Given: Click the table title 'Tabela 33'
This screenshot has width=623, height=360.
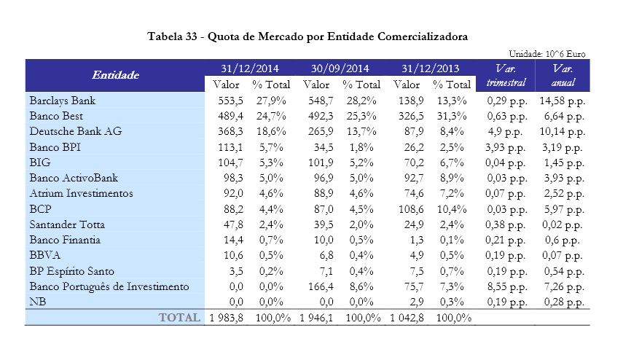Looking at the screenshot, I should [x=306, y=36].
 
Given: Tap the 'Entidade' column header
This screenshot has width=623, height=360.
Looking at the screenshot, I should [x=115, y=75].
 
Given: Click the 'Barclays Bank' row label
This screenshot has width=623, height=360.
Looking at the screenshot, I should [x=63, y=100].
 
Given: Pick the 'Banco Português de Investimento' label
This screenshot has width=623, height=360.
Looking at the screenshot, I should [x=109, y=287].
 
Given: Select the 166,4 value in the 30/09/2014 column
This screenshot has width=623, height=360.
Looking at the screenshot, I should [x=323, y=287].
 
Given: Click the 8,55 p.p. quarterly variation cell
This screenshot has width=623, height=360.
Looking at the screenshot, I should [x=506, y=287].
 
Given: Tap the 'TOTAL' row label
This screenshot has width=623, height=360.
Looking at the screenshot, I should [x=179, y=318].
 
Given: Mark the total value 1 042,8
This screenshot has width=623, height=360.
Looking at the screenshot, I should [x=409, y=318].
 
